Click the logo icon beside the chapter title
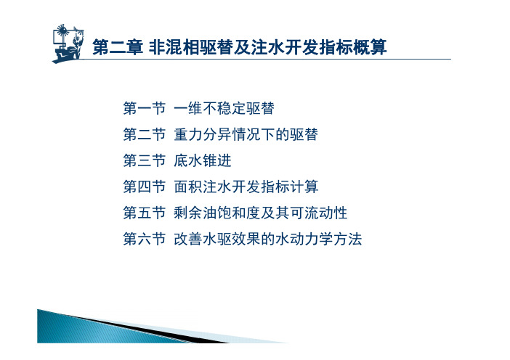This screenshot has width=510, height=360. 68,44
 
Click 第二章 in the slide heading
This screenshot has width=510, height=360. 118,47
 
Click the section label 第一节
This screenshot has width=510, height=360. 145,108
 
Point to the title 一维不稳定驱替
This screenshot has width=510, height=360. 224,108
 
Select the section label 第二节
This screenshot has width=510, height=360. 145,134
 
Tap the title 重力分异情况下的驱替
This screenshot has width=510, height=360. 246,134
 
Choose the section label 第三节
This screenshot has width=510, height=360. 145,160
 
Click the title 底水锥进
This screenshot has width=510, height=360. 202,160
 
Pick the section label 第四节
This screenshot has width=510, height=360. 145,187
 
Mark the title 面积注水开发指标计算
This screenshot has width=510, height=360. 246,187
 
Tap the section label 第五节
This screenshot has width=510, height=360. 145,213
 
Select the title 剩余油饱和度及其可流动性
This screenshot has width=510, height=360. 261,213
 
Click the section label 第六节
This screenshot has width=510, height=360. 145,239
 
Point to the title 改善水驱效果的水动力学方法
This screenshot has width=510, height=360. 267,239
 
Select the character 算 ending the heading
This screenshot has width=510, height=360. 378,47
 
